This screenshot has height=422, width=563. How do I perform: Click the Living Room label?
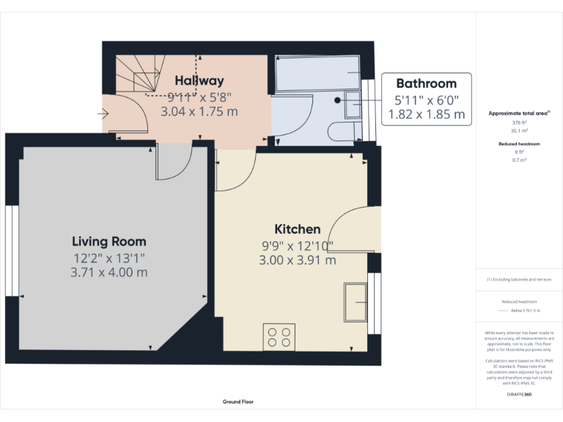(x=108, y=241)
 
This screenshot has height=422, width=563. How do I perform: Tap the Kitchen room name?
(x=297, y=229)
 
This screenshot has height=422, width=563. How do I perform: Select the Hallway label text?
(x=199, y=81)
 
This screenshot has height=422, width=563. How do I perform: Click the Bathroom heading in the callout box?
(x=426, y=84)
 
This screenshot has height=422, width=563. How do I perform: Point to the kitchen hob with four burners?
(x=279, y=337)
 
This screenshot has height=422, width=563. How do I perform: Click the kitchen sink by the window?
(x=356, y=301)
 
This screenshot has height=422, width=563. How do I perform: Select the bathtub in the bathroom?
(x=317, y=74)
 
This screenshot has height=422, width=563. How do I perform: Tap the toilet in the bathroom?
(x=344, y=132)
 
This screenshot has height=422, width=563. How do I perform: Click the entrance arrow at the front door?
(x=103, y=114)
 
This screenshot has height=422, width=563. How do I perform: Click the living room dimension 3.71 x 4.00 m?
(x=108, y=272)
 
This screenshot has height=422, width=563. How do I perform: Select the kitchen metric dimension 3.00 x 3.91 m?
(x=297, y=260)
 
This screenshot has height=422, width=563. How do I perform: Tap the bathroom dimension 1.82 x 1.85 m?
(x=430, y=114)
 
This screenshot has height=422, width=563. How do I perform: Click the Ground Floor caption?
(x=238, y=402)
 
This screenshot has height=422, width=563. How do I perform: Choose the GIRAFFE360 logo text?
(x=519, y=395)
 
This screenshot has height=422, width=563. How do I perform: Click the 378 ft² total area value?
(x=519, y=123)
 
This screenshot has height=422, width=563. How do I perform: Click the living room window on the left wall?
(x=11, y=250)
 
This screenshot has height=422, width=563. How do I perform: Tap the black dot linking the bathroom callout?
(x=337, y=100)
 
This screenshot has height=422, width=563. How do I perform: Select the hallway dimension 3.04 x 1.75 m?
(x=199, y=111)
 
